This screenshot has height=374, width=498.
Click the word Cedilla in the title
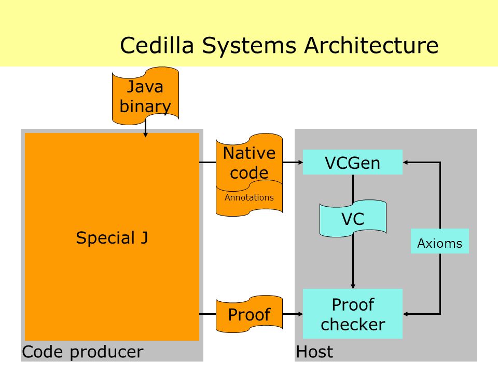click(157, 45)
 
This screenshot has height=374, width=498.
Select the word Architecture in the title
click(371, 45)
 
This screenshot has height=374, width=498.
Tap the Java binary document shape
click(145, 96)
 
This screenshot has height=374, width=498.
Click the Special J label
click(112, 237)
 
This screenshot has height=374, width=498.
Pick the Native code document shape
click(250, 161)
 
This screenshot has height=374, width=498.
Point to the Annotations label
click(249, 197)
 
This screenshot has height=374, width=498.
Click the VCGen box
click(353, 162)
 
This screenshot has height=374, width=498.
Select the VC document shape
click(353, 219)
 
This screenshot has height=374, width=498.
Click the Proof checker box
click(353, 314)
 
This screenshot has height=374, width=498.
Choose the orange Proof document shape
click(250, 314)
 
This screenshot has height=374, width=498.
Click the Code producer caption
click(82, 352)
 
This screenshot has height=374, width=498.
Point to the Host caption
click(314, 352)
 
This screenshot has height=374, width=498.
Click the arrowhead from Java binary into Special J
click(145, 135)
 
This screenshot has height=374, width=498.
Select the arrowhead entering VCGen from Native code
click(300, 162)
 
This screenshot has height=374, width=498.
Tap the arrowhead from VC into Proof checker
click(353, 286)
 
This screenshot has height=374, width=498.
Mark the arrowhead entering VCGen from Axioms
click(406, 162)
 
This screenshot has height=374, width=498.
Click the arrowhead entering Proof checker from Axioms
click(406, 314)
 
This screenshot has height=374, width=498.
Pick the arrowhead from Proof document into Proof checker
click(300, 314)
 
